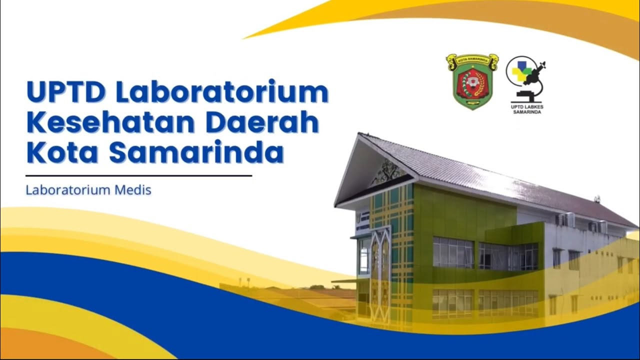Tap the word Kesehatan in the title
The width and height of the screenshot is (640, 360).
110,122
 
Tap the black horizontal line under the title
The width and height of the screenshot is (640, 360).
138,176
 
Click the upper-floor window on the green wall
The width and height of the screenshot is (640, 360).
453,252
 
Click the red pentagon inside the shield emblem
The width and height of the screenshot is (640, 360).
471,82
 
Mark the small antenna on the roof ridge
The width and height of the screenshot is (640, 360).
596,199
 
